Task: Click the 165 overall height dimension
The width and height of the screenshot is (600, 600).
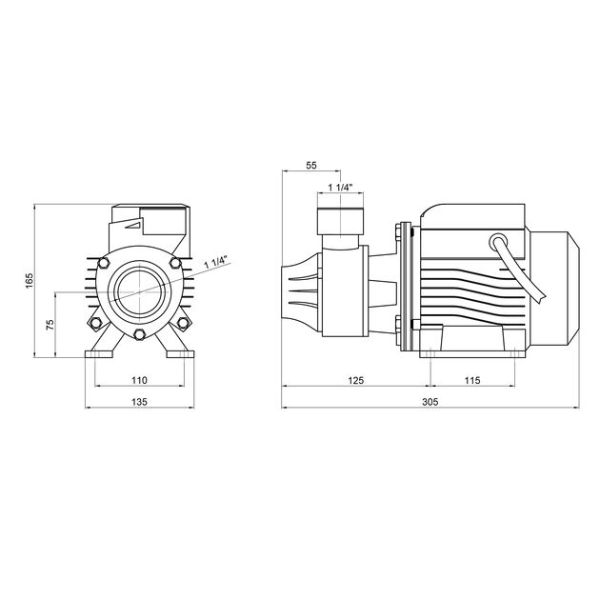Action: pyautogui.click(x=30, y=281)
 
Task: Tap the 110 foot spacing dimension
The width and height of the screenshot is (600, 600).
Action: pyautogui.click(x=139, y=380)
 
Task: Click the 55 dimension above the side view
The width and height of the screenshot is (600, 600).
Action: pyautogui.click(x=310, y=166)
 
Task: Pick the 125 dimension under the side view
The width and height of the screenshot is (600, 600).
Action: pyautogui.click(x=355, y=380)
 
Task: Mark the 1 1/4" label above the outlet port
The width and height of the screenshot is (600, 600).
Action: pyautogui.click(x=340, y=187)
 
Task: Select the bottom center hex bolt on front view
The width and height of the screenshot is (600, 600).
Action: pyautogui.click(x=139, y=334)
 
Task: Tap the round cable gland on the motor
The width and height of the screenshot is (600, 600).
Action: pyautogui.click(x=498, y=242)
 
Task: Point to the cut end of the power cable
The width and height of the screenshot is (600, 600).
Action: pyautogui.click(x=548, y=296)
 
